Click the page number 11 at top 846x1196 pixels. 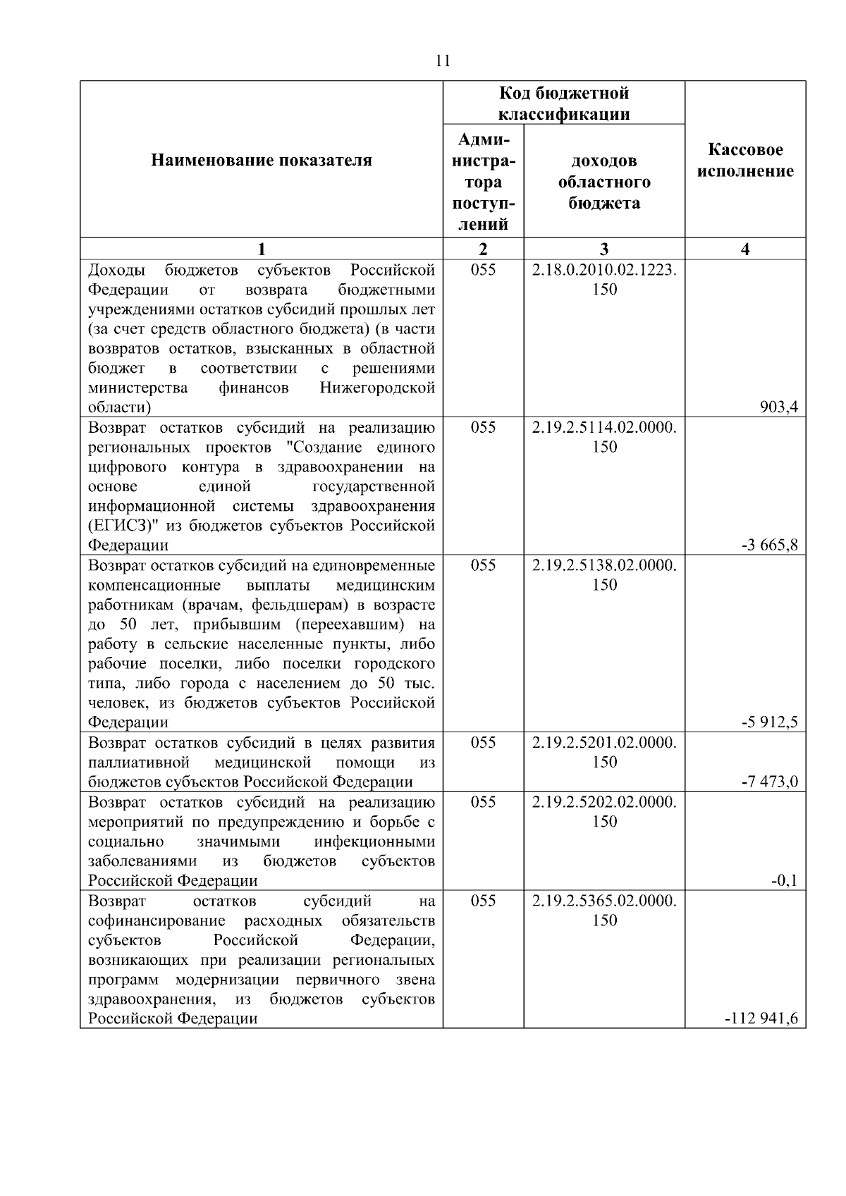443,61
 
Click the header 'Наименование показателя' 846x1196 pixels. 262,161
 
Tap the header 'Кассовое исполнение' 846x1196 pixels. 745,161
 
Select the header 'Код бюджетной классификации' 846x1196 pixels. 564,104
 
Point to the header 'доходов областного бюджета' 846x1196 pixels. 604,182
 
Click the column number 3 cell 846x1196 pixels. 604,249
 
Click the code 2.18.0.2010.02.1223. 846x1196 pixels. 604,270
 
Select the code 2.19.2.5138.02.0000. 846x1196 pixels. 604,565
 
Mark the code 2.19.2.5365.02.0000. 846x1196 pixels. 604,901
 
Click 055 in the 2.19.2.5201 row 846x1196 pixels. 483,742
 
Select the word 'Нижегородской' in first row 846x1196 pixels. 377,388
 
